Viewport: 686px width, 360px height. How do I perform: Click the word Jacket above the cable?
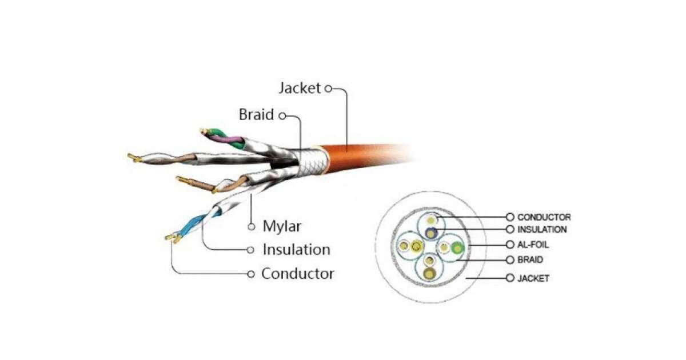[300, 89]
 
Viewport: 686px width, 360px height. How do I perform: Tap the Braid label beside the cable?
[256, 115]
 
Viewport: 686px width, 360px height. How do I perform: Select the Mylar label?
[282, 226]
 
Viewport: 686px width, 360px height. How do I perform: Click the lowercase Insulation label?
[296, 250]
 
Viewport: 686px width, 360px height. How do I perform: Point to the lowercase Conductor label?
[297, 274]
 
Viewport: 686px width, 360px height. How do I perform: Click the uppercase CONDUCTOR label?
[544, 217]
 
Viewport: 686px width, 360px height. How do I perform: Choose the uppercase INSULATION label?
[542, 230]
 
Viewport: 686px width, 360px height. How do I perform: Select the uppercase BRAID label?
[530, 259]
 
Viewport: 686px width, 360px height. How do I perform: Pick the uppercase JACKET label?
[533, 278]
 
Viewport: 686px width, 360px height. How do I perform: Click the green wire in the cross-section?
[457, 247]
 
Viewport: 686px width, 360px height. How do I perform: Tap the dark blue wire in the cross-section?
[431, 232]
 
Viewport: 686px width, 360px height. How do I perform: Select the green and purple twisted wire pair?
[226, 138]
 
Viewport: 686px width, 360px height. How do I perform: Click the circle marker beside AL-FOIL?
[510, 245]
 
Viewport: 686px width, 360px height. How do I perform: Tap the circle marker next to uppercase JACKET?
[510, 278]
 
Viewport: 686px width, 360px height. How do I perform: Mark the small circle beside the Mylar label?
[251, 227]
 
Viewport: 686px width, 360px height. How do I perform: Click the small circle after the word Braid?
[282, 115]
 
